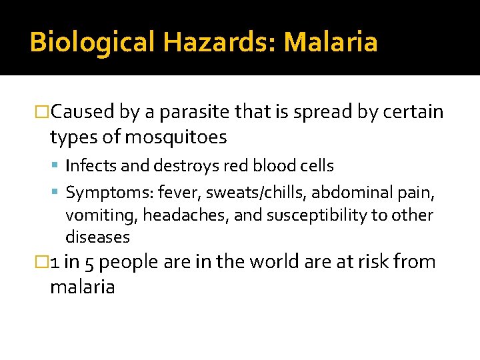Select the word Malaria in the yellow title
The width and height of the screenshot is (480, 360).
331,42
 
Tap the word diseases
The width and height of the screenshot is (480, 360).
97,237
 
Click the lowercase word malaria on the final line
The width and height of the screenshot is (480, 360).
82,287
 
